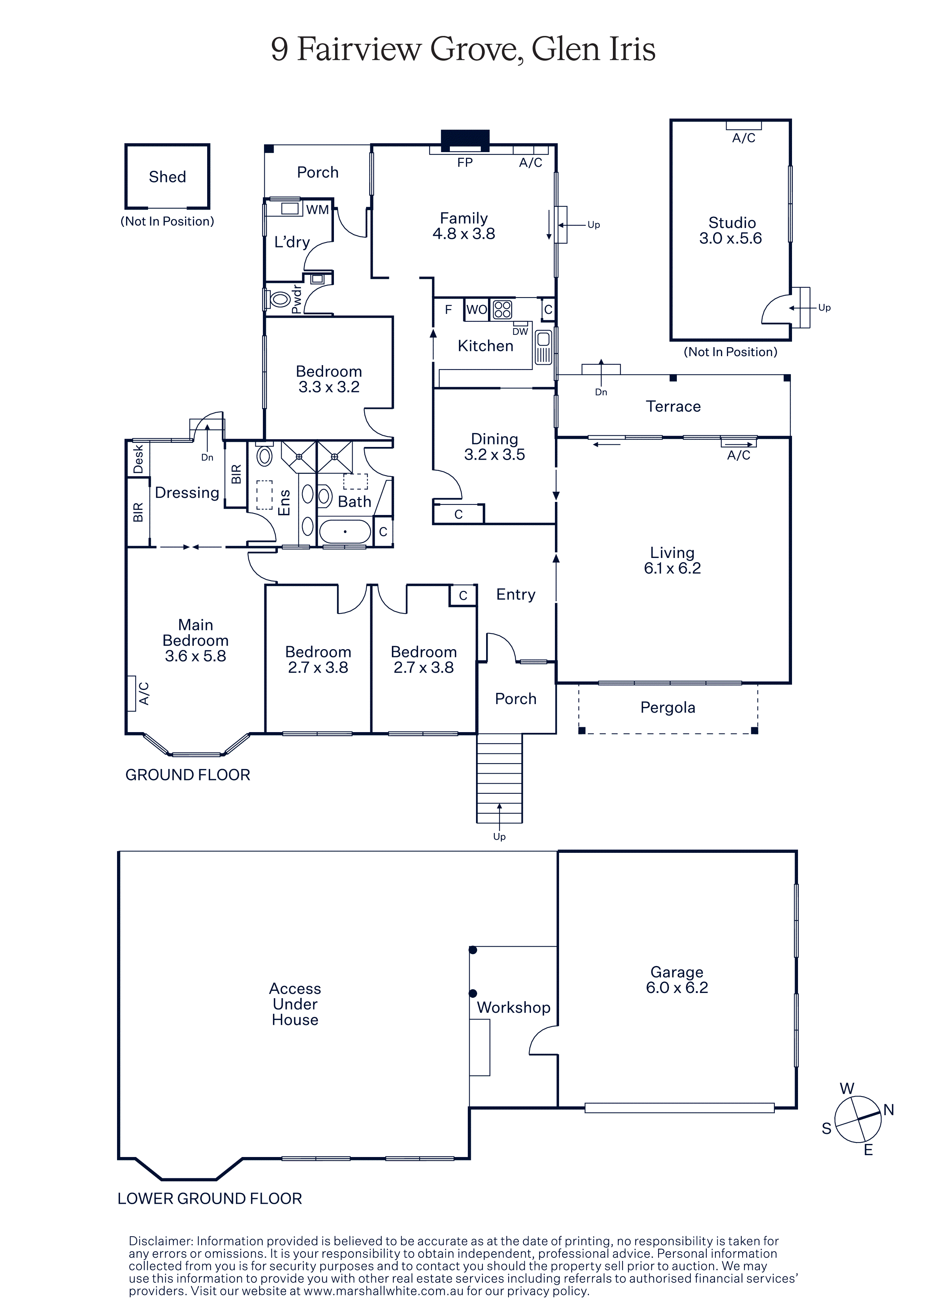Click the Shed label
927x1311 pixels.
tap(168, 177)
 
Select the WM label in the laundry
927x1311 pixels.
tap(317, 210)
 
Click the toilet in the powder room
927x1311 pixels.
tap(279, 299)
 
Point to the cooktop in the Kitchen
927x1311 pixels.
tap(502, 309)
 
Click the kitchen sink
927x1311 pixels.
tap(543, 347)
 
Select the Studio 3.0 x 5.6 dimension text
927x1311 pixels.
tap(731, 238)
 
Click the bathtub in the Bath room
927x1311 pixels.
tap(345, 531)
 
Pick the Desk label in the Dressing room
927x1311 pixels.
tap(138, 460)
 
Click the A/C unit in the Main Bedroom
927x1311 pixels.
tap(131, 693)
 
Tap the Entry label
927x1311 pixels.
tap(516, 595)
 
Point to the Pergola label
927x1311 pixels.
tap(668, 707)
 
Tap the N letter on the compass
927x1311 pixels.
tap(889, 1110)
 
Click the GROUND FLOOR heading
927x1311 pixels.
tap(188, 775)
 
